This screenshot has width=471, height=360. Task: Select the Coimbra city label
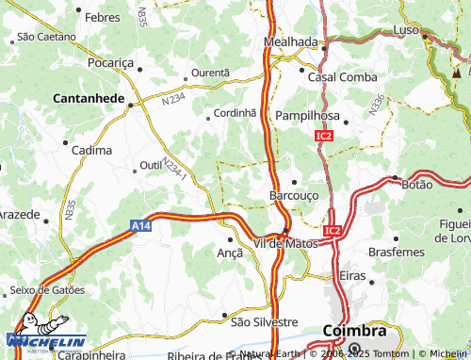pyautogui.click(x=353, y=331)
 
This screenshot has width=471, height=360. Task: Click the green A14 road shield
pyautogui.click(x=140, y=225)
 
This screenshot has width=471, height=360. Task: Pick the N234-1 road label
pyautogui.click(x=175, y=170)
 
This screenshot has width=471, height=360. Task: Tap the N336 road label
pyautogui.click(x=377, y=105)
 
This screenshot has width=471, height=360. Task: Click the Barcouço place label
pyautogui.click(x=295, y=195)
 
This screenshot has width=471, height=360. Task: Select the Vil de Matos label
pyautogui.click(x=285, y=243)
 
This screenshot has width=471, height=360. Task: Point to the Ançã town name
pyautogui.click(x=230, y=253)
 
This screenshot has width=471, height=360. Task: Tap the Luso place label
pyautogui.click(x=406, y=31)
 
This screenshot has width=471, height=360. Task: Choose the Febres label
pyautogui.click(x=102, y=17)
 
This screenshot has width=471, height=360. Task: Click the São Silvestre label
pyautogui.click(x=265, y=321)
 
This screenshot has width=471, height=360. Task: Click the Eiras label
pyautogui.click(x=351, y=274)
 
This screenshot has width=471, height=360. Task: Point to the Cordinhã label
pyautogui.click(x=235, y=112)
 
